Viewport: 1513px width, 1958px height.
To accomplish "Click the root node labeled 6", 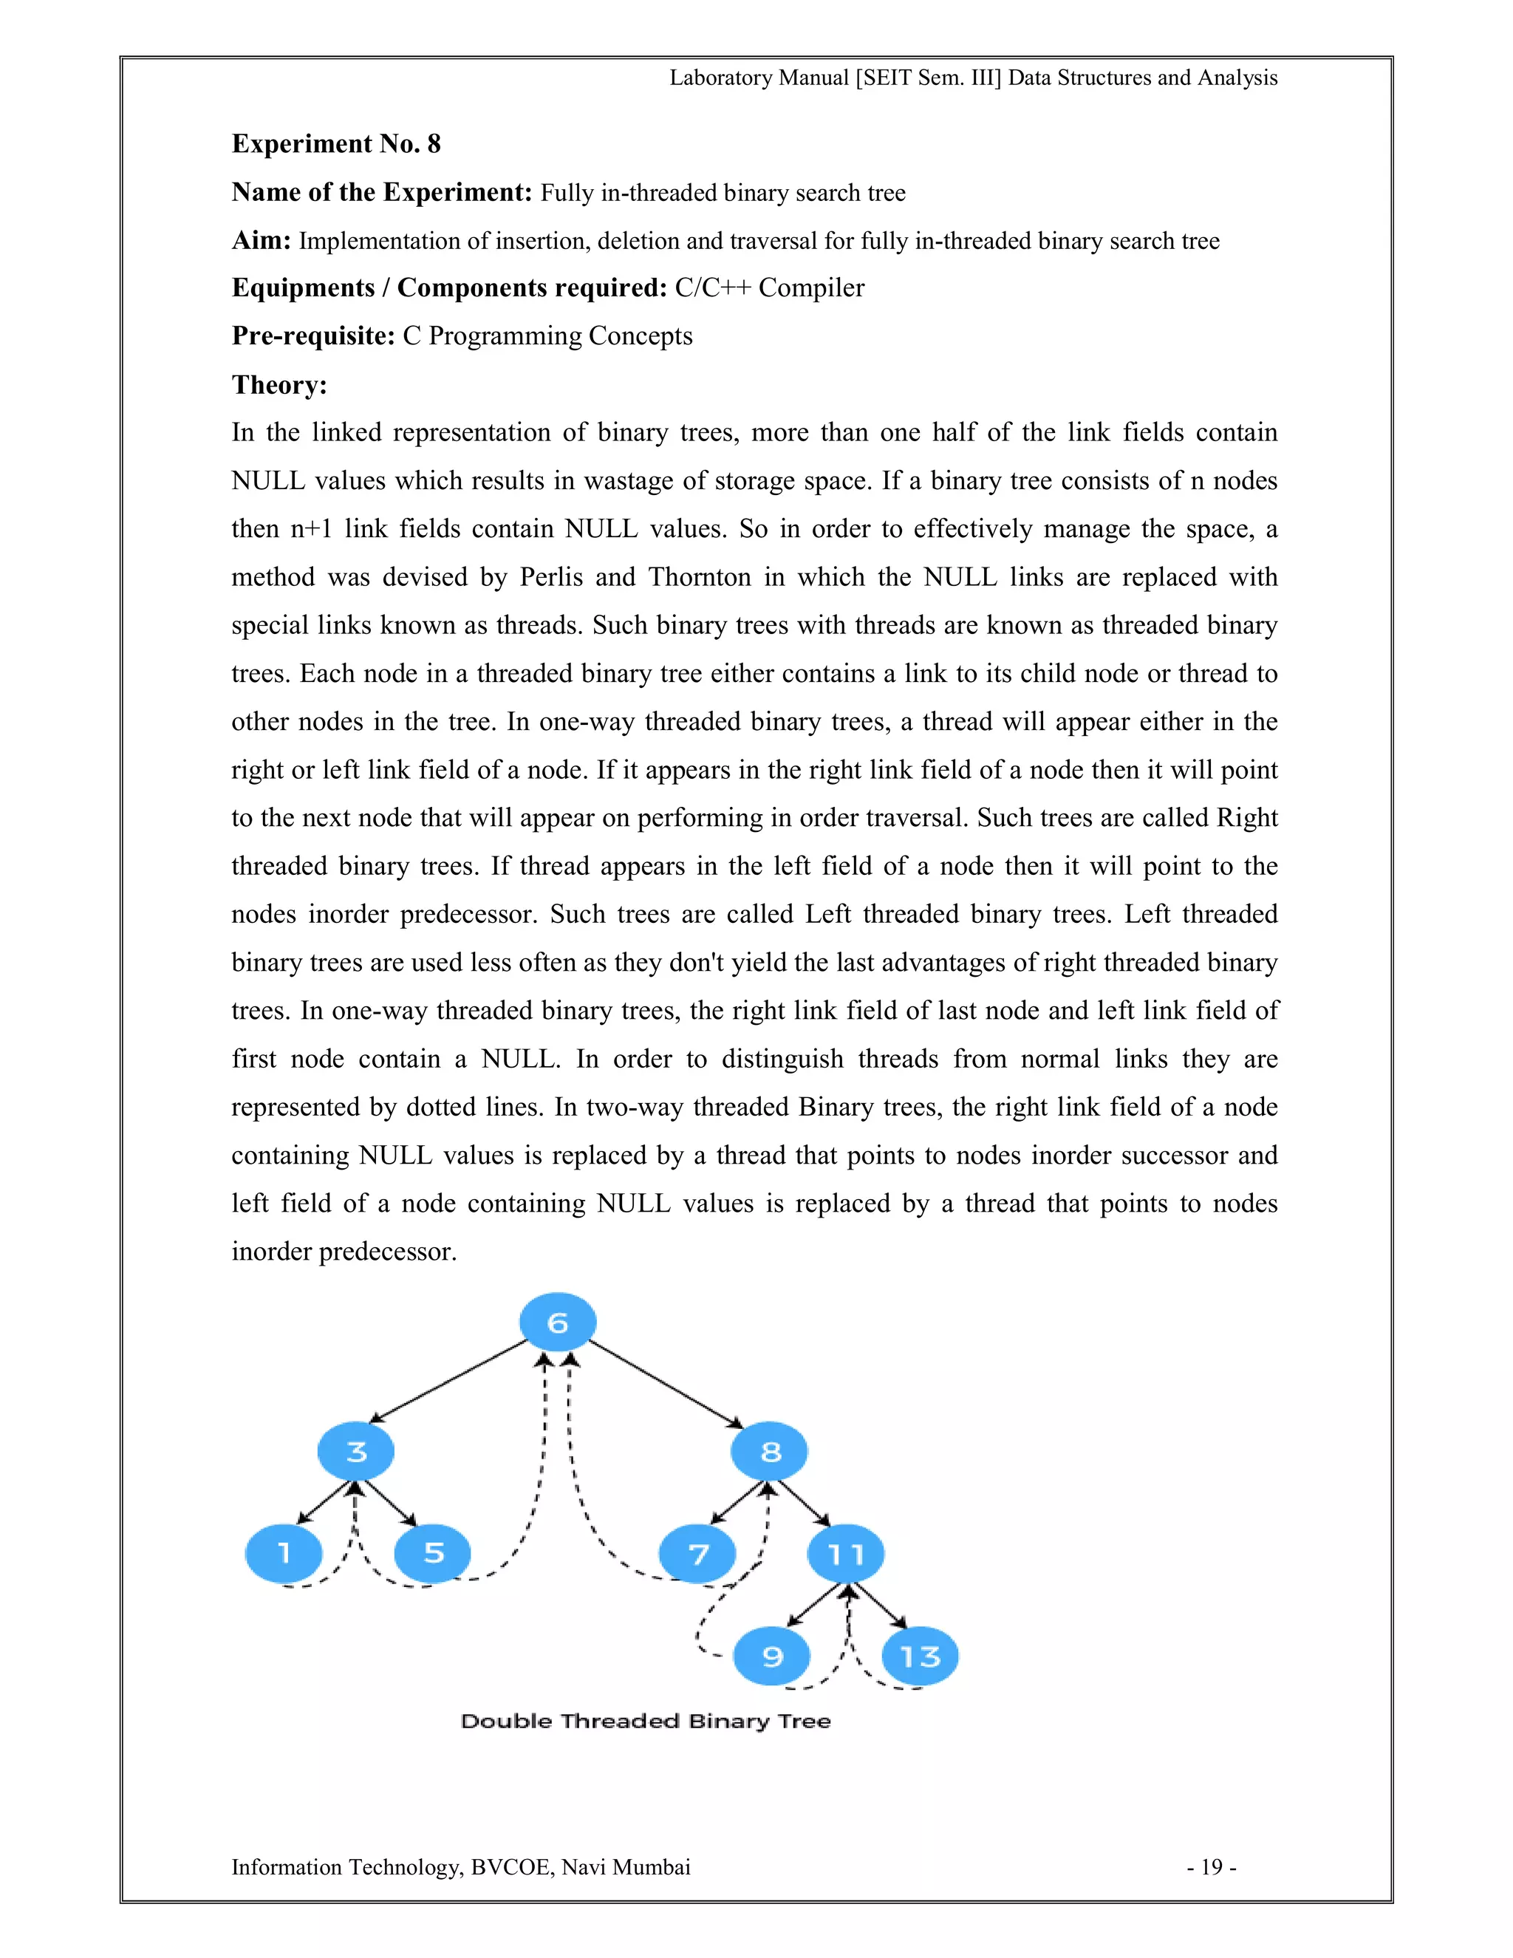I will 558,1322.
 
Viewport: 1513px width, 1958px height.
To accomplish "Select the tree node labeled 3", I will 356,1450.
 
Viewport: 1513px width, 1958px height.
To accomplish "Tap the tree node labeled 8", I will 769,1450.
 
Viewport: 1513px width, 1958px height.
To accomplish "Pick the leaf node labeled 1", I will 283,1553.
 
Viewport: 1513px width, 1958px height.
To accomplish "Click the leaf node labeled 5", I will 433,1553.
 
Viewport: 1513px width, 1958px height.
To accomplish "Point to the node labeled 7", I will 697,1554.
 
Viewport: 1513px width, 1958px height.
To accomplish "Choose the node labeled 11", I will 845,1554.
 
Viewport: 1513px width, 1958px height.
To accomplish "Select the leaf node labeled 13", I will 920,1656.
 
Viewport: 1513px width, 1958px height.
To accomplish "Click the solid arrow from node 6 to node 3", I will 448,1382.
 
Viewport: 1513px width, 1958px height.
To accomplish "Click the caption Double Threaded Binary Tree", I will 646,1720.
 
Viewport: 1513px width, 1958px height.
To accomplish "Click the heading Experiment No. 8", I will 336,143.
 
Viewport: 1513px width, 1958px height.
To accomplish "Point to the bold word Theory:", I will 279,385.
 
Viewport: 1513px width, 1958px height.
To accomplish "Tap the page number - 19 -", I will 1211,1866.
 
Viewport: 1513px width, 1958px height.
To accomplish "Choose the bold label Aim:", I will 261,240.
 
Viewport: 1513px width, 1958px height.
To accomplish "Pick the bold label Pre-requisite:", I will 312,335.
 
